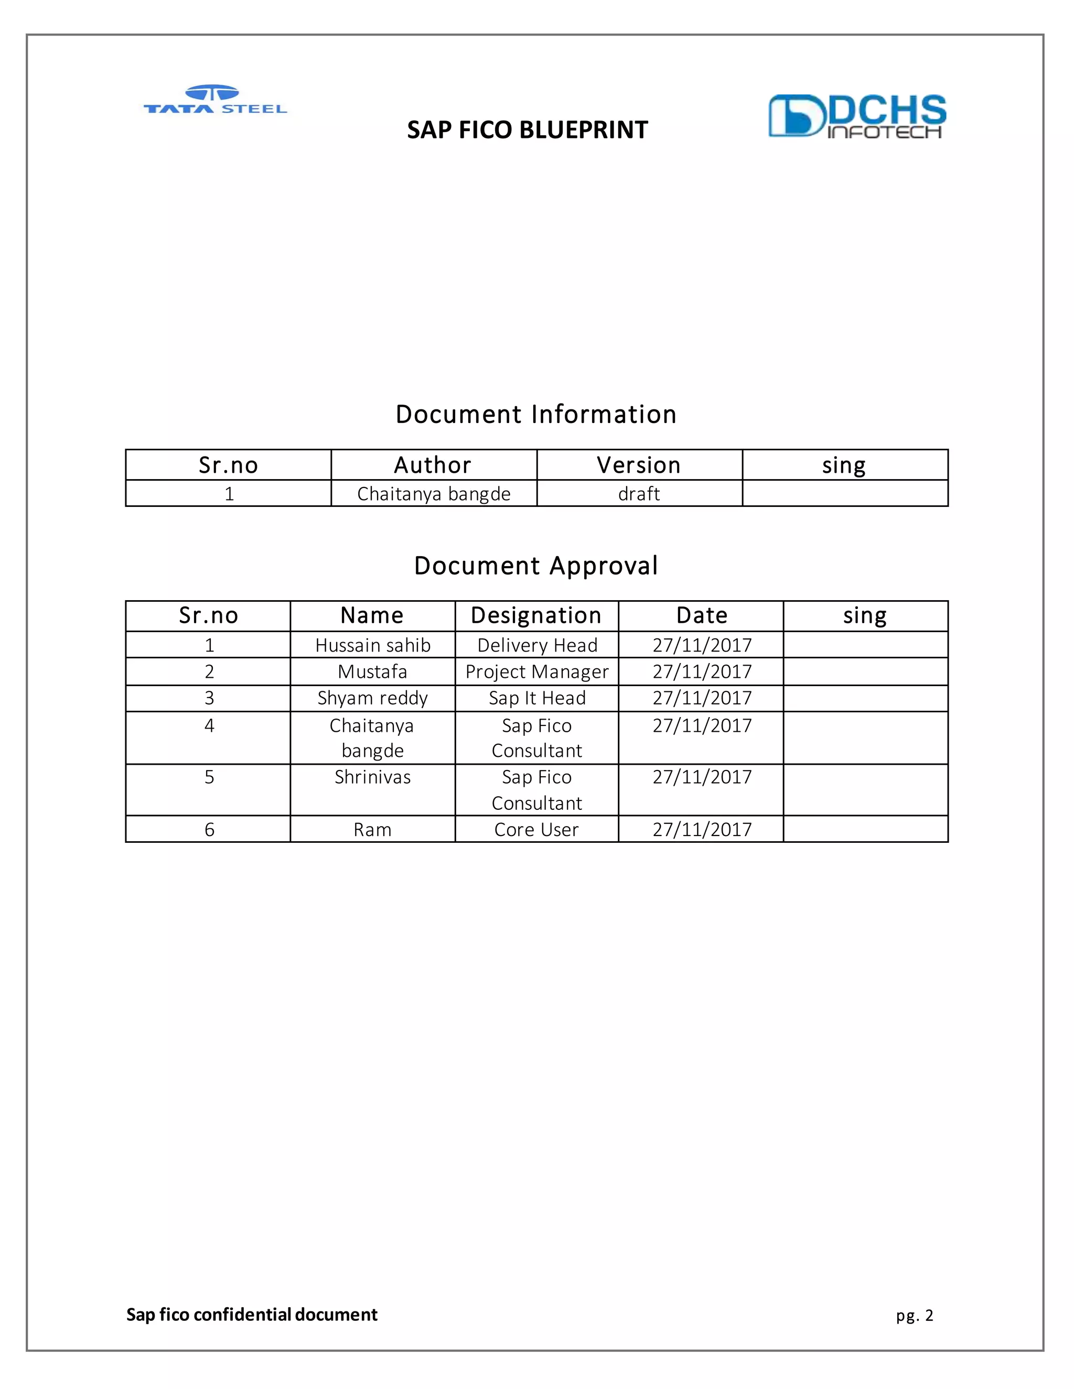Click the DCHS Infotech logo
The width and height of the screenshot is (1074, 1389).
click(857, 116)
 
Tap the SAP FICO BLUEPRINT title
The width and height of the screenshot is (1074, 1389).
click(528, 131)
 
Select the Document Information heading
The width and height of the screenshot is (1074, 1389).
click(536, 415)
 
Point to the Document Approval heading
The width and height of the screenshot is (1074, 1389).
click(536, 566)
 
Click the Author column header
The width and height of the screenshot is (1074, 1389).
click(433, 465)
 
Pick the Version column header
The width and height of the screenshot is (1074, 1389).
click(639, 465)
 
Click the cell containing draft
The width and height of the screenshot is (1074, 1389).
click(639, 494)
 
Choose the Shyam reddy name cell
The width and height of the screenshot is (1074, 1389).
click(373, 698)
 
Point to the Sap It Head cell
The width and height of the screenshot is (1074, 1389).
click(536, 698)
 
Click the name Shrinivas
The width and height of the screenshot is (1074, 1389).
click(373, 777)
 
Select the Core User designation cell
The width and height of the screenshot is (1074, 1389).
click(536, 830)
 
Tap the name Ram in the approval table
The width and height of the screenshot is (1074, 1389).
click(373, 830)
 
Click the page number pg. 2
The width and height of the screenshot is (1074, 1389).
click(914, 1315)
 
